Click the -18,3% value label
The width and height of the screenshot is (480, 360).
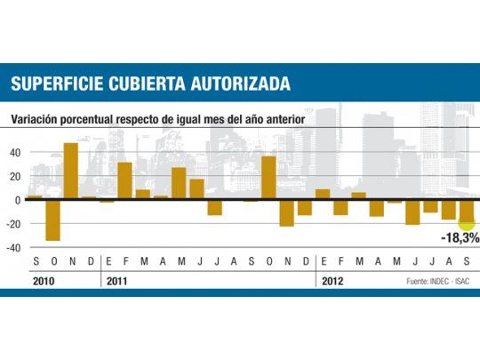click(x=460, y=238)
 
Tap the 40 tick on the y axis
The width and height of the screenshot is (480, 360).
click(x=14, y=152)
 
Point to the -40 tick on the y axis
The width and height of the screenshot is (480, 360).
click(x=12, y=248)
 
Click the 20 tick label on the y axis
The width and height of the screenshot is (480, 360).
click(x=14, y=176)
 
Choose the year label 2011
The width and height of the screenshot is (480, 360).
click(x=116, y=280)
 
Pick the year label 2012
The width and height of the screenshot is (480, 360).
click(x=332, y=280)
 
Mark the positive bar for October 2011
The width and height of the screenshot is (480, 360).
click(x=268, y=178)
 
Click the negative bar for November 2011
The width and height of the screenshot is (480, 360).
click(x=286, y=212)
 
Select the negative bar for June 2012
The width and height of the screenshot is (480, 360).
click(x=412, y=212)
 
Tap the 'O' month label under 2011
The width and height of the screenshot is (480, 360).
click(x=268, y=263)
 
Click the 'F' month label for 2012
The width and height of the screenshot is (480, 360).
click(x=340, y=263)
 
